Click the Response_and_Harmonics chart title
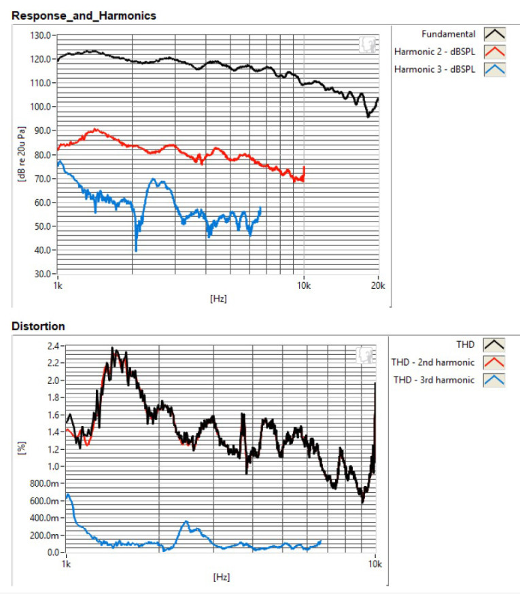coord(84,16)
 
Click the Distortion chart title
coord(39,326)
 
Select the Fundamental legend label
coord(448,33)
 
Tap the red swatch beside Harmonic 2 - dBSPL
coord(493,52)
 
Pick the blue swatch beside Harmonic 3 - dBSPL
coord(493,69)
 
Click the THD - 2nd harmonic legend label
coord(433,362)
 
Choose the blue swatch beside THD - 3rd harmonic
coord(493,380)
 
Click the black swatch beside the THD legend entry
coord(493,345)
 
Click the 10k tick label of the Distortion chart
coord(375,564)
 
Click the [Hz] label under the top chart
coord(219,298)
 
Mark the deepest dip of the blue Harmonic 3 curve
coord(136,251)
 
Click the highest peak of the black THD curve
coord(113,349)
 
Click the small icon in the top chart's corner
coord(367,46)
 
